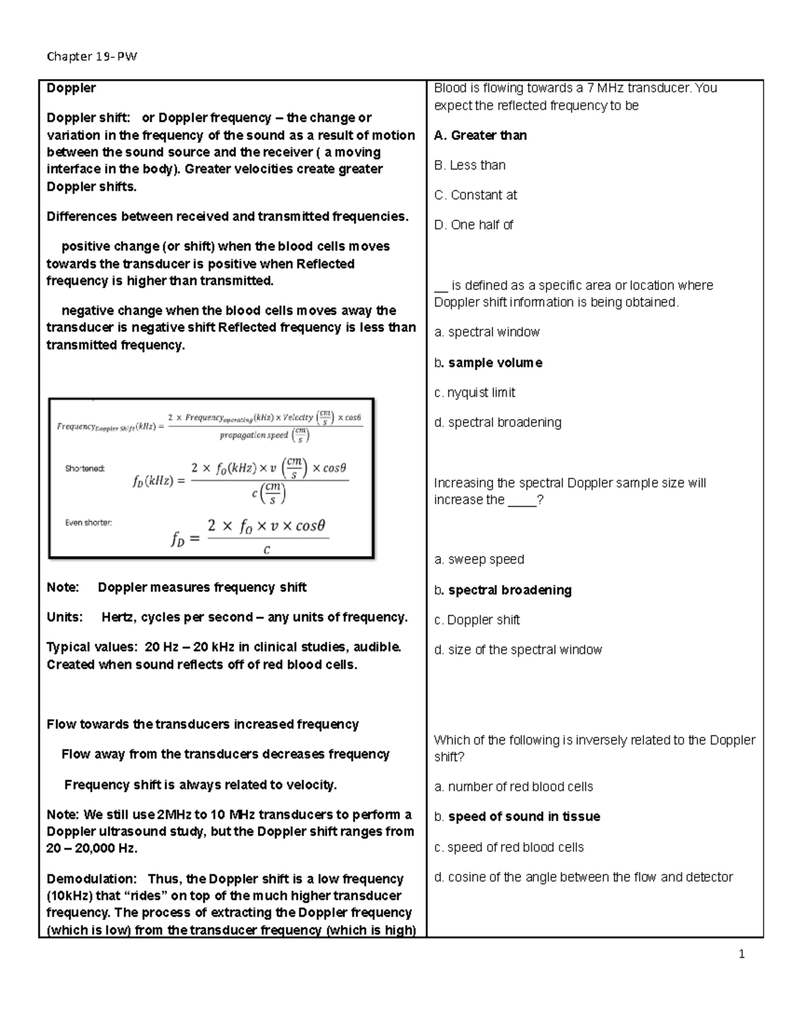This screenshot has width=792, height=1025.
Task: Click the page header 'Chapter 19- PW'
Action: click(x=92, y=56)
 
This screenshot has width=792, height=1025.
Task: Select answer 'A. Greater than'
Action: click(x=480, y=135)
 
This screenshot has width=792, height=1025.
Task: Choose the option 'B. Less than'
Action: click(x=470, y=165)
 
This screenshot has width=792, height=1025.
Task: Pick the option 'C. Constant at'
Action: click(x=475, y=195)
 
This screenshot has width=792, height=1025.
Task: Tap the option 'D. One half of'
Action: click(x=473, y=224)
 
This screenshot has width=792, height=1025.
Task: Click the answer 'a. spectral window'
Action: click(x=487, y=332)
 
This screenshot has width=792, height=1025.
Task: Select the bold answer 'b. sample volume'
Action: click(x=488, y=362)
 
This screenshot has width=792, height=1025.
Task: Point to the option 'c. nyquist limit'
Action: click(x=475, y=392)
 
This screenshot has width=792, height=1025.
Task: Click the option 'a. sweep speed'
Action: click(x=479, y=559)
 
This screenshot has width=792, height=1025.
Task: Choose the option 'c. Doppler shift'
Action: click(x=477, y=619)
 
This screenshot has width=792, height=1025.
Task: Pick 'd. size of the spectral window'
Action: click(x=518, y=649)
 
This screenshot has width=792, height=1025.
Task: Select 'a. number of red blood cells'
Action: click(x=513, y=786)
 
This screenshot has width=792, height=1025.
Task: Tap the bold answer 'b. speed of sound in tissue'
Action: click(x=517, y=816)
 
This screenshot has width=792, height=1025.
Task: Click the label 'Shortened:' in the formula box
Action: click(x=84, y=469)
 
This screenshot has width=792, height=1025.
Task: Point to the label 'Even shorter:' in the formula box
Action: click(x=88, y=522)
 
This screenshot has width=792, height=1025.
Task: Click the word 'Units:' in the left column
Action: click(x=65, y=617)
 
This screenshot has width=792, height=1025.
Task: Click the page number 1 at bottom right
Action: click(x=742, y=954)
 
